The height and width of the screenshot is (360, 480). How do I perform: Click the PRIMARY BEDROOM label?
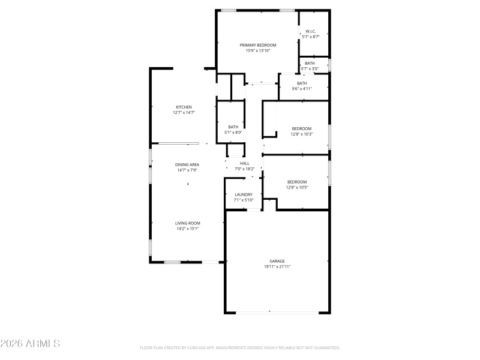click(x=258, y=45)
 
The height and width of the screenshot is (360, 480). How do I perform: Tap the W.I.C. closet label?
click(x=311, y=31)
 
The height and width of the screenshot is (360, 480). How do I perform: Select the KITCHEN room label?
click(x=184, y=107)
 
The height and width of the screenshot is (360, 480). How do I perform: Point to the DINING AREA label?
click(x=187, y=164)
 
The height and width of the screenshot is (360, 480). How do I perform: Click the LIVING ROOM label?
click(x=187, y=223)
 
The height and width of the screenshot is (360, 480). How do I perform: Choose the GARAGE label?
click(x=277, y=261)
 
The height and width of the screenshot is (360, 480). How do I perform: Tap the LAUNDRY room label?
click(x=244, y=194)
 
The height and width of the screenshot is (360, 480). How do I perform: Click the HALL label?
click(x=244, y=163)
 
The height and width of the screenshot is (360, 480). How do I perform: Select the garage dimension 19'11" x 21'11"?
click(x=277, y=266)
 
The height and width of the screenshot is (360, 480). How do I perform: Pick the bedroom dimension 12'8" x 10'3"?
click(x=302, y=134)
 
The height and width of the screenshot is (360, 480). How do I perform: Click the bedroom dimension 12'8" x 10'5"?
click(x=297, y=187)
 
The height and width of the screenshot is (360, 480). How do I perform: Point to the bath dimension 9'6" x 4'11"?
click(x=302, y=89)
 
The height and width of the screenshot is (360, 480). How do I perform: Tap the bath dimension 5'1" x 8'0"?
click(x=233, y=132)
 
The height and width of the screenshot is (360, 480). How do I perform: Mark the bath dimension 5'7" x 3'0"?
click(x=310, y=68)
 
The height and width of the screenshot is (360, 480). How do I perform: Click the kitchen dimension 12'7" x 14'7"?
click(x=184, y=112)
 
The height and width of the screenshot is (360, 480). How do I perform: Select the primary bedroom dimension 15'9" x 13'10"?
click(x=258, y=50)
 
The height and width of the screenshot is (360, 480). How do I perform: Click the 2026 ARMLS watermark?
click(x=30, y=344)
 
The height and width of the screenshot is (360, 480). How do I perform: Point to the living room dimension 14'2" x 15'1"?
click(x=187, y=228)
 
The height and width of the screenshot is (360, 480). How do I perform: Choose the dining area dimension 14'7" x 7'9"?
click(x=187, y=170)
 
